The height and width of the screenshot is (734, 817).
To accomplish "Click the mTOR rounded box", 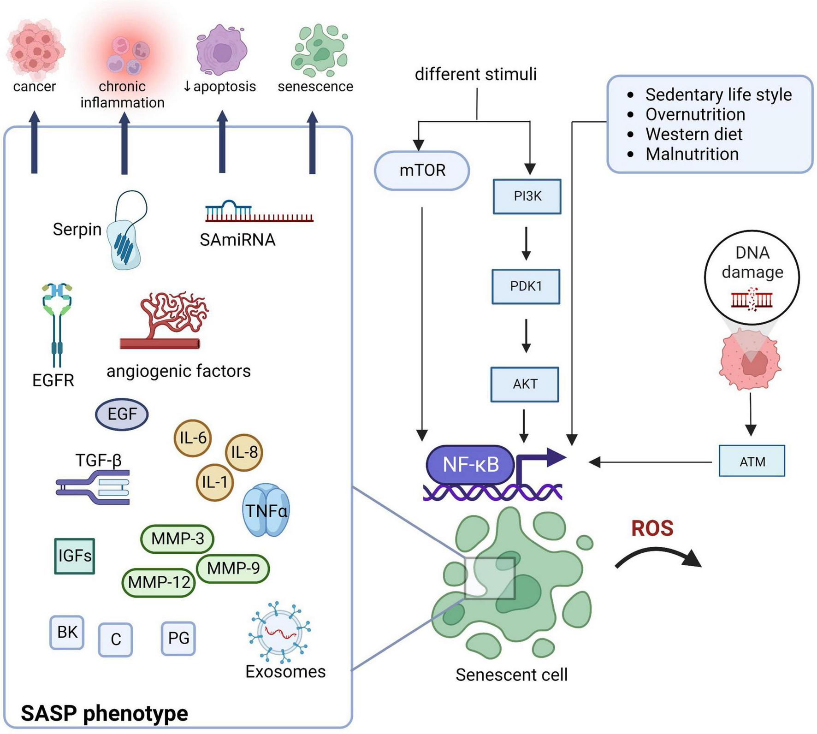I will (422, 171).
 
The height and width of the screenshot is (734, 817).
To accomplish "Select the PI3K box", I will (527, 196).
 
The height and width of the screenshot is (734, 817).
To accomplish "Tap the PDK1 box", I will (526, 286).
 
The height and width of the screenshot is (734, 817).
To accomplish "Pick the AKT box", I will (525, 384).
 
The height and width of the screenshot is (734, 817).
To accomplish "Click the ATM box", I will (752, 461).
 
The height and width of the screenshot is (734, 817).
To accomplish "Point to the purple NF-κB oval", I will (470, 465).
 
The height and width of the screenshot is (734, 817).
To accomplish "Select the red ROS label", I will (652, 528).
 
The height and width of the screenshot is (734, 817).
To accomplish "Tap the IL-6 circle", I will (193, 438).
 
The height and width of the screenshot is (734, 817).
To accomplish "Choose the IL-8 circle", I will (244, 452).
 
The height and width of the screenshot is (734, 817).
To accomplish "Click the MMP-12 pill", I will (159, 582).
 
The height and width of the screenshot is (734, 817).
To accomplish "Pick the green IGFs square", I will (75, 556).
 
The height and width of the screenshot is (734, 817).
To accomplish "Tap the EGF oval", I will (122, 414).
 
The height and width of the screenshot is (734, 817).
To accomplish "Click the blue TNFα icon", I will (266, 510).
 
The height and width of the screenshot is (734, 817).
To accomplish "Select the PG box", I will (178, 639).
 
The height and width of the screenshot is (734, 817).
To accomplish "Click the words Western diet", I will (694, 134).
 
